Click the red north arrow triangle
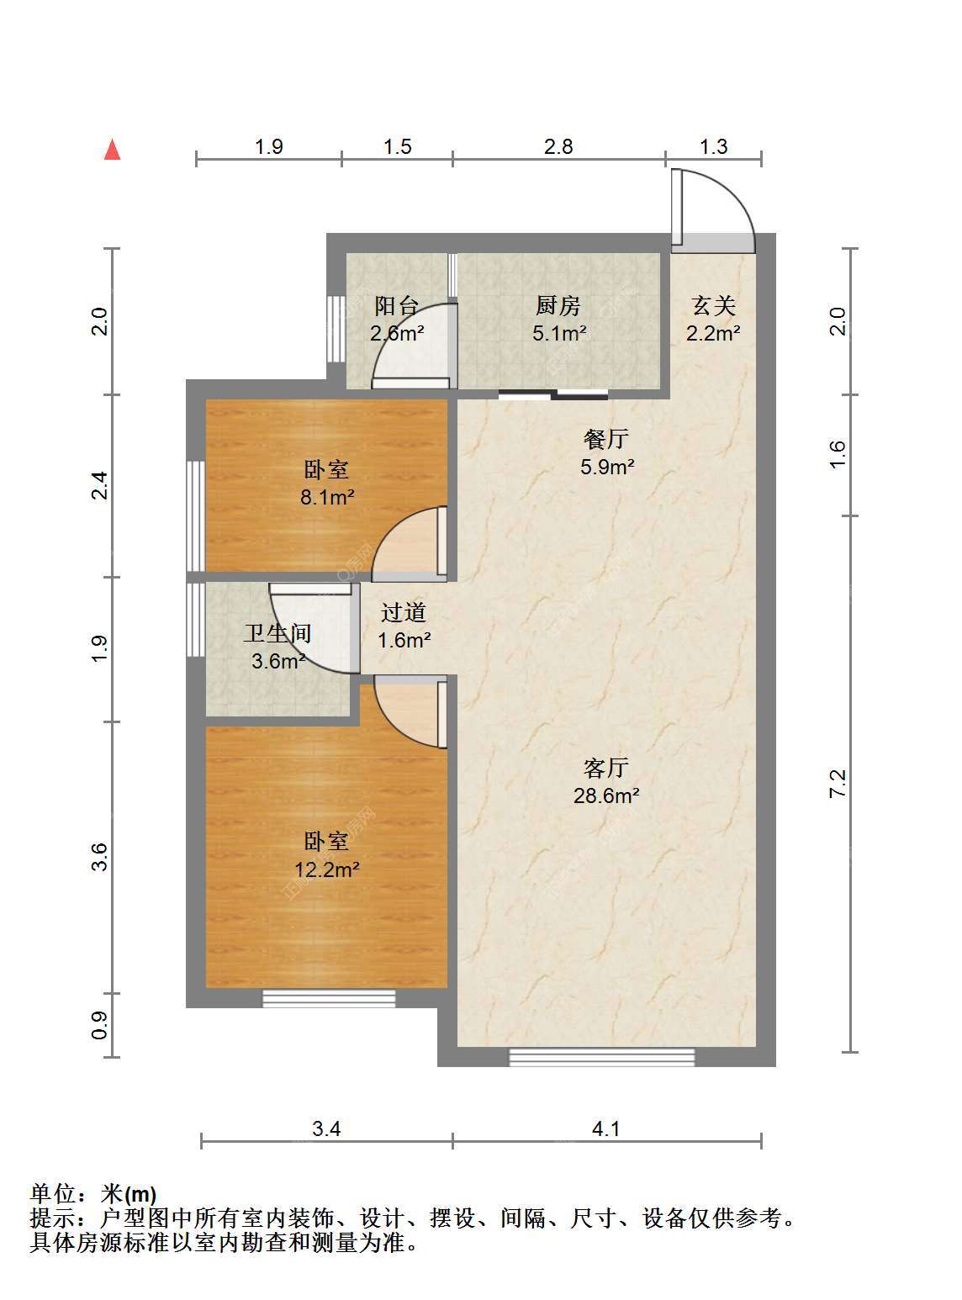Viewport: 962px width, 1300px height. pos(112,150)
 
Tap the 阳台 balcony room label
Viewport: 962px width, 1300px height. pos(397,305)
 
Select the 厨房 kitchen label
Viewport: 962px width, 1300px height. pos(558,305)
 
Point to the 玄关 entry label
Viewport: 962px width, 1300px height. pos(713,305)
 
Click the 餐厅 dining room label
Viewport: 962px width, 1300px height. pos(606,438)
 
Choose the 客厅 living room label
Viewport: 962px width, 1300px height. pos(606,767)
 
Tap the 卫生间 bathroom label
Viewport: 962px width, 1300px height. pos(277,633)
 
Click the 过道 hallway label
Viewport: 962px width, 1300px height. pos(404,612)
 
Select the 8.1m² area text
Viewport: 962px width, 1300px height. pos(327,497)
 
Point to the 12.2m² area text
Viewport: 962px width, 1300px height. pos(326,869)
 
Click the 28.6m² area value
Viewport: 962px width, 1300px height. pos(606,795)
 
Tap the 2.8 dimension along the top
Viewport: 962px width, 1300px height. pos(558,146)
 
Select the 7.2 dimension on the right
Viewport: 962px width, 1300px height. pos(838,783)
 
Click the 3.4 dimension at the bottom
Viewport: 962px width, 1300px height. pos(326,1128)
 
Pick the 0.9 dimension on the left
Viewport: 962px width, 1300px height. pos(100,1024)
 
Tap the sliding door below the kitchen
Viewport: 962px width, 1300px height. pos(552,394)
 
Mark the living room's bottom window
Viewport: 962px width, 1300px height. pos(601,1057)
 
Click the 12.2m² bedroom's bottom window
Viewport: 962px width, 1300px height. pos(328,999)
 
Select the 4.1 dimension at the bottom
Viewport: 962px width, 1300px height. pos(605,1128)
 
